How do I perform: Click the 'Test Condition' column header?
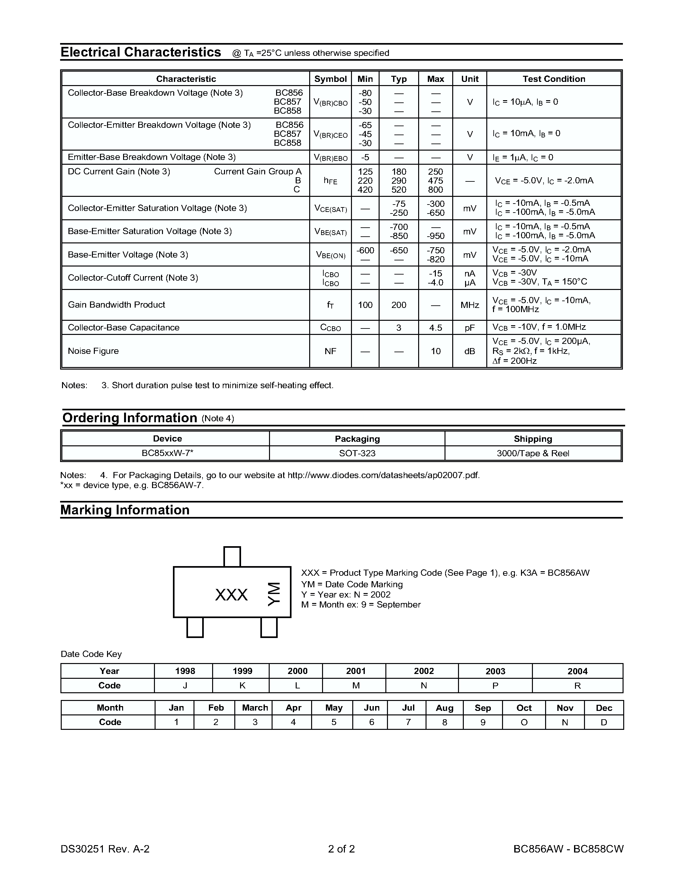pyautogui.click(x=553, y=79)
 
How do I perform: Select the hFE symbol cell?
pyautogui.click(x=330, y=181)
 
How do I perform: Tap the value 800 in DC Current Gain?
pyautogui.click(x=436, y=190)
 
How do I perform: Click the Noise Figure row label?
pyautogui.click(x=93, y=351)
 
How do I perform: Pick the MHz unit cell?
pyautogui.click(x=469, y=305)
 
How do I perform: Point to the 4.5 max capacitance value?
pyautogui.click(x=436, y=328)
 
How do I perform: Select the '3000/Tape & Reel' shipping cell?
pyautogui.click(x=533, y=453)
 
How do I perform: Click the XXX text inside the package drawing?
pyautogui.click(x=231, y=595)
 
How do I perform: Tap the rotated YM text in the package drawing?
pyautogui.click(x=274, y=594)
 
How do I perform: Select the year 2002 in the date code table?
pyautogui.click(x=423, y=671)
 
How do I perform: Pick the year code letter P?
pyautogui.click(x=495, y=686)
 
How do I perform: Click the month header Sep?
pyautogui.click(x=482, y=708)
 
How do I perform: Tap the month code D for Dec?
pyautogui.click(x=604, y=722)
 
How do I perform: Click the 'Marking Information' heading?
pyautogui.click(x=125, y=510)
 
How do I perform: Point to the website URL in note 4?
pyautogui.click(x=383, y=475)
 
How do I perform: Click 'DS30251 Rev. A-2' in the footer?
pyautogui.click(x=105, y=849)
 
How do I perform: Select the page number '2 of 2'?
pyautogui.click(x=341, y=849)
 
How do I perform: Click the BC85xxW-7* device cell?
pyautogui.click(x=167, y=453)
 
